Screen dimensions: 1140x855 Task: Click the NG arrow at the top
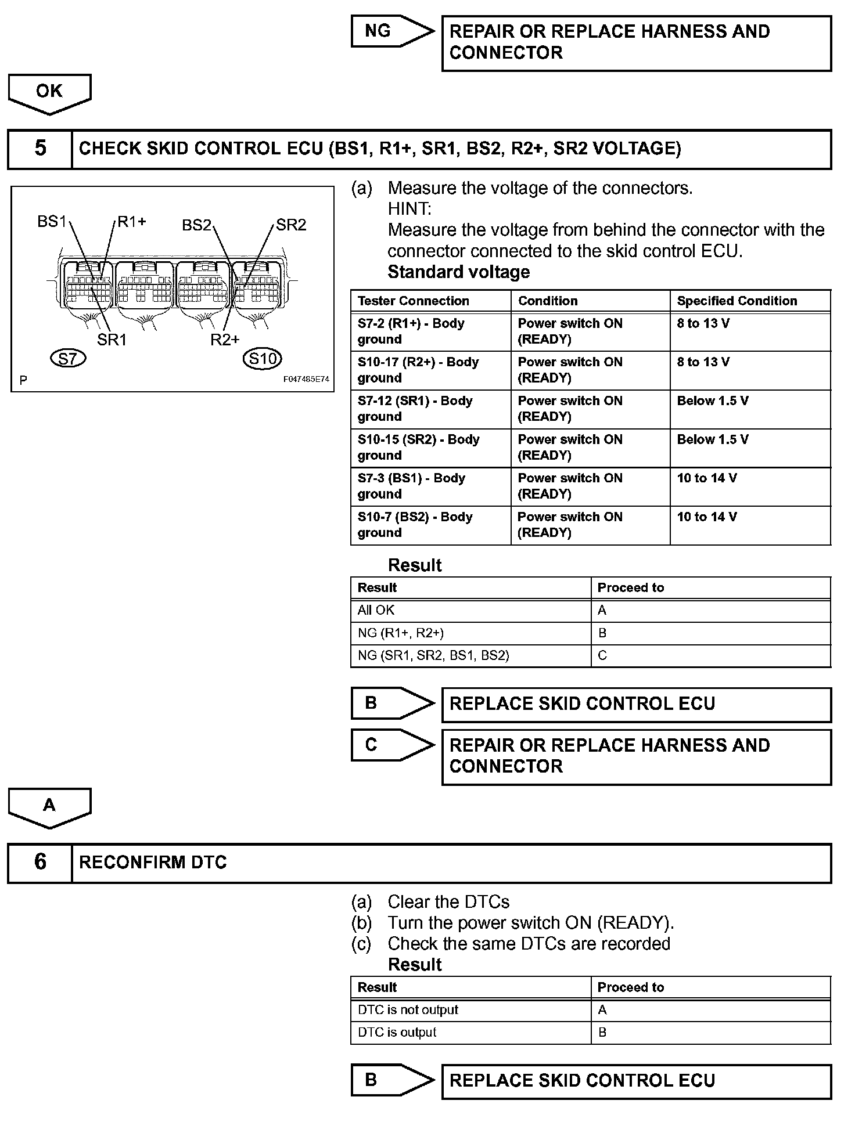[x=391, y=31]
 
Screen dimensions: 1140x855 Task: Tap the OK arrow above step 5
[x=49, y=93]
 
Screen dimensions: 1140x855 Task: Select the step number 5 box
[x=40, y=149]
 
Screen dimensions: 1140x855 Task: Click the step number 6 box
[x=40, y=863]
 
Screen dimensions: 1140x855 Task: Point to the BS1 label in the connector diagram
[x=52, y=222]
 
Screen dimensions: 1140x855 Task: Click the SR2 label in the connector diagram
[x=291, y=225]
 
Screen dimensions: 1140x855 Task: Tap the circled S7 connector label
[x=68, y=359]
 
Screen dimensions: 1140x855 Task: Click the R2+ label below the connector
[x=225, y=340]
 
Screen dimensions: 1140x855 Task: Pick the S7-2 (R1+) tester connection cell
[x=430, y=331]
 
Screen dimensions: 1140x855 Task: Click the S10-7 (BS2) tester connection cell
[x=430, y=525]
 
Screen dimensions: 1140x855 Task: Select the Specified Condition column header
[x=737, y=301]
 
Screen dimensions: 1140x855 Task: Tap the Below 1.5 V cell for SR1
[x=749, y=409]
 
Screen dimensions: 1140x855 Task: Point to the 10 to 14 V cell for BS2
[x=749, y=525]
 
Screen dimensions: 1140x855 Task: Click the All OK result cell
[x=470, y=610]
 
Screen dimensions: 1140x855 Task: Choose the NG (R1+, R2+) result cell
[x=470, y=633]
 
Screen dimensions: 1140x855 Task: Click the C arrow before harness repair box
[x=391, y=745]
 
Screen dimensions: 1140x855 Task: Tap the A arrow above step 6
[x=49, y=806]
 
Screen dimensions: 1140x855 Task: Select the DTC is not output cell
[x=470, y=1010]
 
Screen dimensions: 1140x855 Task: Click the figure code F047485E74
[x=306, y=380]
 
